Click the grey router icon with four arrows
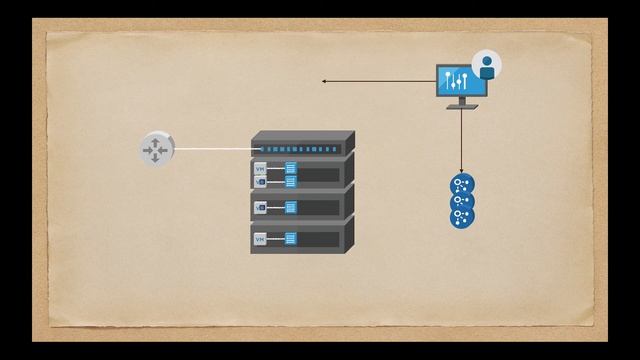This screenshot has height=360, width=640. (155, 149)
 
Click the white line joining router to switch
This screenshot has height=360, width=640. (210, 149)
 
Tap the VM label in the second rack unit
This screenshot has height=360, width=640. (261, 169)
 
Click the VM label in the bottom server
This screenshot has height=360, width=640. (260, 239)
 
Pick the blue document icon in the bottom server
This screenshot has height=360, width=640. (290, 239)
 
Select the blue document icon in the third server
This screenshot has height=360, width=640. (290, 207)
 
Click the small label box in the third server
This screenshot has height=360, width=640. (260, 207)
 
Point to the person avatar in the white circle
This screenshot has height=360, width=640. (487, 66)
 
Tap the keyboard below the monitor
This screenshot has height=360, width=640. (462, 106)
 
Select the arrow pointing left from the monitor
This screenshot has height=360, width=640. (380, 81)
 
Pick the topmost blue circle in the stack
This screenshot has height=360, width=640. (462, 184)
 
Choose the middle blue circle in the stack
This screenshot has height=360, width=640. (462, 200)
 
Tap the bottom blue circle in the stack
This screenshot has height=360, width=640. (462, 215)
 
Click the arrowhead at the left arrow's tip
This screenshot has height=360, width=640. (324, 81)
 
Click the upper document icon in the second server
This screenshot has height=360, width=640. (290, 168)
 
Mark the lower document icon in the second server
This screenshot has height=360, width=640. (290, 181)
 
